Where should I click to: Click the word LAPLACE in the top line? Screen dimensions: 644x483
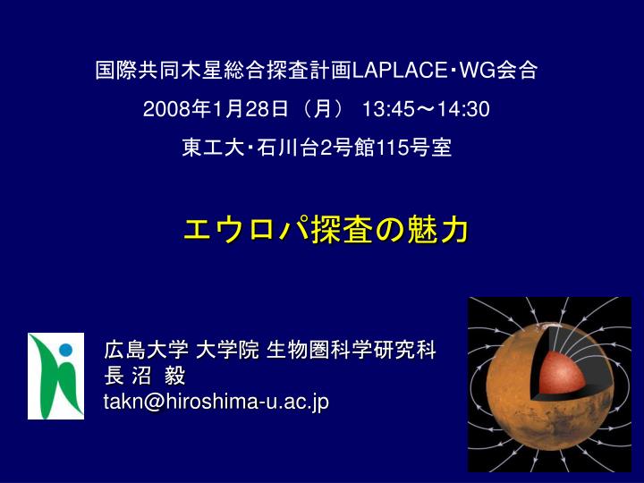pyautogui.click(x=400, y=71)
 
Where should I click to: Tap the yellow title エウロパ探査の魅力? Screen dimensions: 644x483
pyautogui.click(x=326, y=230)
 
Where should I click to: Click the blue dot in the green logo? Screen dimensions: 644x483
pyautogui.click(x=65, y=350)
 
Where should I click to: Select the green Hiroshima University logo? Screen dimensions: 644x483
pyautogui.click(x=55, y=377)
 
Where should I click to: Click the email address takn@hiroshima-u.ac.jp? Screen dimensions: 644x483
pyautogui.click(x=216, y=402)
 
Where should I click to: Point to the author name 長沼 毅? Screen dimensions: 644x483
pyautogui.click(x=145, y=376)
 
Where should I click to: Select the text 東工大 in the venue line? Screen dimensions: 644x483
pyautogui.click(x=213, y=148)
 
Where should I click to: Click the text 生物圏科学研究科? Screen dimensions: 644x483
pyautogui.click(x=352, y=351)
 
